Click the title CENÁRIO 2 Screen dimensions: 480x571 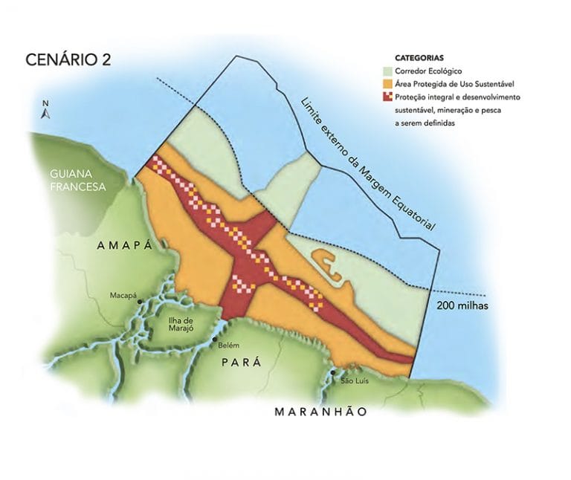68,60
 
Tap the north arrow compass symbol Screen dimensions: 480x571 45,111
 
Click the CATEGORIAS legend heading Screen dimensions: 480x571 419,57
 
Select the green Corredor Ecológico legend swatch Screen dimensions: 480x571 387,71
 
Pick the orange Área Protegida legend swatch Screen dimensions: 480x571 387,84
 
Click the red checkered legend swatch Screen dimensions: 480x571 387,97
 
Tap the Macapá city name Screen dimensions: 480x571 123,295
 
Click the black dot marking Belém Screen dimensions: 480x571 214,340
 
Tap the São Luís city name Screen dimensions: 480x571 355,381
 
